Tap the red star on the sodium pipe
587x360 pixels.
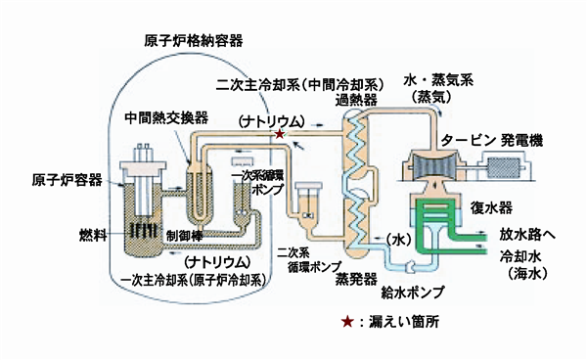(x=282, y=133)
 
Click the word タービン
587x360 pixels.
(x=470, y=140)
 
